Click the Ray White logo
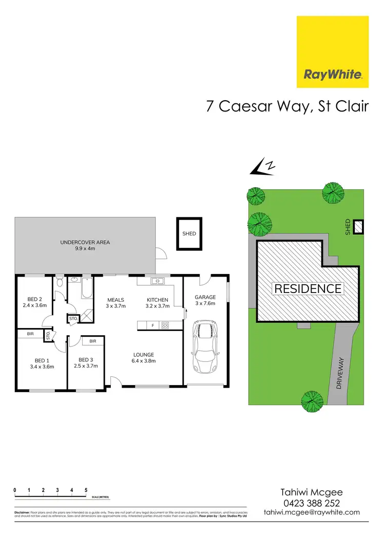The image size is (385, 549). (x=333, y=52)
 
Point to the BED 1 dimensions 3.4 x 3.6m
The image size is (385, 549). (x=42, y=367)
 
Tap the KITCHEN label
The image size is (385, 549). (x=158, y=300)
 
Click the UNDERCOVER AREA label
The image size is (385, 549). (x=85, y=242)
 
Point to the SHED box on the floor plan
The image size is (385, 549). (x=189, y=234)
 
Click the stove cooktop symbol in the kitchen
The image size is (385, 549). (x=165, y=325)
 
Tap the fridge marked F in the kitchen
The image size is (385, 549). (x=152, y=325)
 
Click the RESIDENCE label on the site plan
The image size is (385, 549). (x=307, y=288)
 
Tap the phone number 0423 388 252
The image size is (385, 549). (x=312, y=503)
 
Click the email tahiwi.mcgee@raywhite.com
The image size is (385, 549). (x=312, y=513)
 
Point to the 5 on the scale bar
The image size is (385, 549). (x=86, y=490)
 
